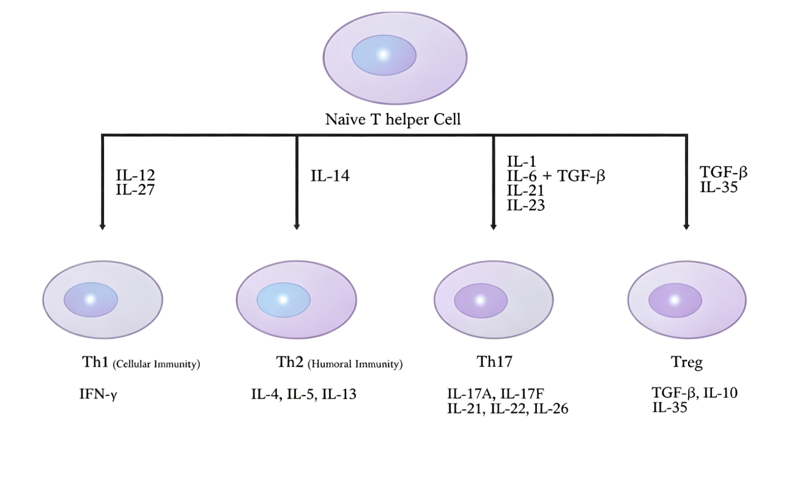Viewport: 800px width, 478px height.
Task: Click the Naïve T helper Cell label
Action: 393,119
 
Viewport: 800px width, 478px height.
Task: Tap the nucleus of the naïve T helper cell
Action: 384,55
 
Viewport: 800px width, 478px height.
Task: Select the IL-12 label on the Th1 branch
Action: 135,175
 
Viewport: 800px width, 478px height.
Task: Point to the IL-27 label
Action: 135,189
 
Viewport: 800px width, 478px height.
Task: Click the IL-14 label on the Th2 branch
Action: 330,175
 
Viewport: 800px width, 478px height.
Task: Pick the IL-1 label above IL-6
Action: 522,162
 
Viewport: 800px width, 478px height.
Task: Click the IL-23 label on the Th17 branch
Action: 526,205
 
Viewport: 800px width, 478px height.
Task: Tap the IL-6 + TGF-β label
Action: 556,176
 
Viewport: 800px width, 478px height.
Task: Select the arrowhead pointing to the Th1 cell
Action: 103,227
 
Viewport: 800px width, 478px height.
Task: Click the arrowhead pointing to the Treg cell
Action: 686,227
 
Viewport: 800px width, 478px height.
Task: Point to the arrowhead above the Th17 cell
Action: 494,227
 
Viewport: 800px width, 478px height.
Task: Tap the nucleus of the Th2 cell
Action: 284,300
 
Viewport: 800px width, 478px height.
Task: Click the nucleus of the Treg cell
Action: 675,300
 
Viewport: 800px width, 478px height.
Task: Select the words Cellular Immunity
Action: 157,364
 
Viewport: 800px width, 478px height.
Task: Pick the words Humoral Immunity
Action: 355,364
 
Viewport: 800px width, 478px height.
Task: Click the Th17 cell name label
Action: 494,362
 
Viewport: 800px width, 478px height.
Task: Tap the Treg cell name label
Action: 687,362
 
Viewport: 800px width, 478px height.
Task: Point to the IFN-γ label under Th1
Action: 98,394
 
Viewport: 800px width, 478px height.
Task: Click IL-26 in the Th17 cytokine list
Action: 550,409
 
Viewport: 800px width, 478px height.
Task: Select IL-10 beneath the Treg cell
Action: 720,393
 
